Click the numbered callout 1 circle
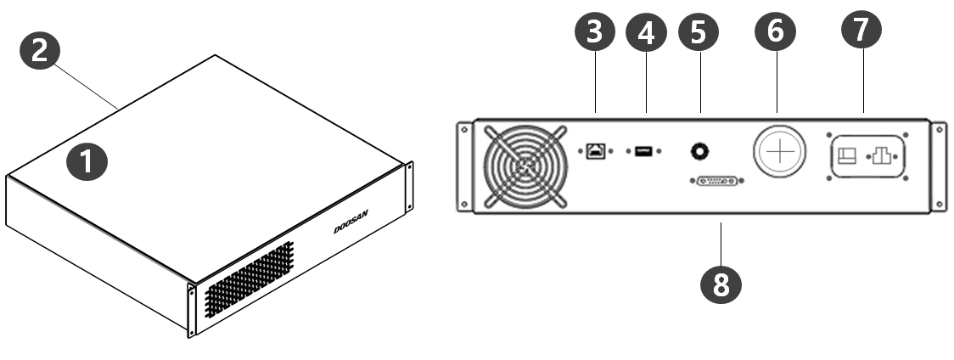(87, 161)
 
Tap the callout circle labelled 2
(40, 50)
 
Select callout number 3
(595, 31)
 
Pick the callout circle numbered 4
(646, 32)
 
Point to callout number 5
(699, 31)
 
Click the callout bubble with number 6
(775, 31)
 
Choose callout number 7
(861, 29)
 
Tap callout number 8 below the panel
(721, 284)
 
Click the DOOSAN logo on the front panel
(351, 222)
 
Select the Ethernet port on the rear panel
(595, 150)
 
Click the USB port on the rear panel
(643, 151)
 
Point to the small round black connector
(699, 150)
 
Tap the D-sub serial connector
(717, 181)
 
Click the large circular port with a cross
(779, 151)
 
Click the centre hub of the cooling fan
(525, 166)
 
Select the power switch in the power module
(847, 156)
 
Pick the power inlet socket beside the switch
(882, 155)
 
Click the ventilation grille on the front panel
(249, 279)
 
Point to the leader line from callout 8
(721, 243)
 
